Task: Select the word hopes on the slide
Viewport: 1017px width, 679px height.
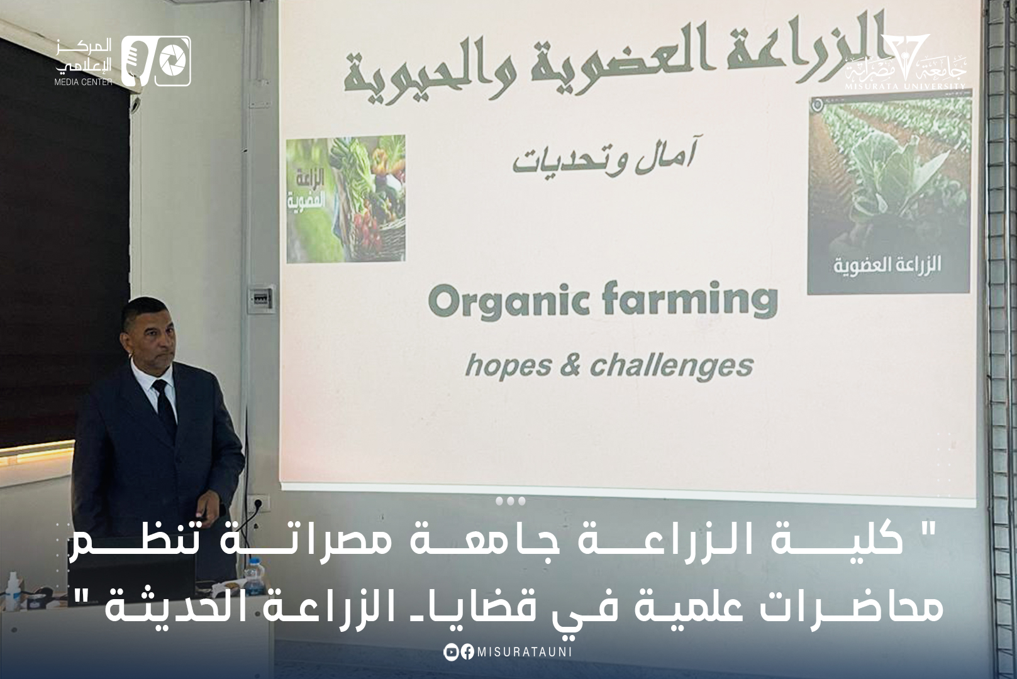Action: tap(508, 366)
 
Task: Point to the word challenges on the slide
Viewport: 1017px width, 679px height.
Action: tap(671, 365)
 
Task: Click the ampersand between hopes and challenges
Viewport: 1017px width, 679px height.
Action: tap(570, 365)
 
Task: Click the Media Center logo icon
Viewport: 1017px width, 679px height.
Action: tap(156, 61)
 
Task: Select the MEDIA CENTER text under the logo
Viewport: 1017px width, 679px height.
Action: tap(83, 82)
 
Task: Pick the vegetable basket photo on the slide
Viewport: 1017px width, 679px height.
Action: tap(345, 199)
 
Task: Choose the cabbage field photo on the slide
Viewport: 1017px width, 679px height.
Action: tap(889, 192)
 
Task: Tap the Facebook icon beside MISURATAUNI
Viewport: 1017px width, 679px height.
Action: tap(467, 652)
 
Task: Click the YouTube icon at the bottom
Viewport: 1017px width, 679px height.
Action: tap(451, 652)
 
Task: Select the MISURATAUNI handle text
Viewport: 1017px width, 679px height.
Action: tap(525, 652)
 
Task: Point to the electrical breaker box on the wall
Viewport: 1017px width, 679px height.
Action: tap(262, 299)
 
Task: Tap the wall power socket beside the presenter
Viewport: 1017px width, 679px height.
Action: tap(262, 502)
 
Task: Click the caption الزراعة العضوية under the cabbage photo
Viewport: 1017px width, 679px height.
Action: tap(887, 265)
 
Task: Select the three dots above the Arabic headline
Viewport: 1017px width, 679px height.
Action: tap(510, 501)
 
